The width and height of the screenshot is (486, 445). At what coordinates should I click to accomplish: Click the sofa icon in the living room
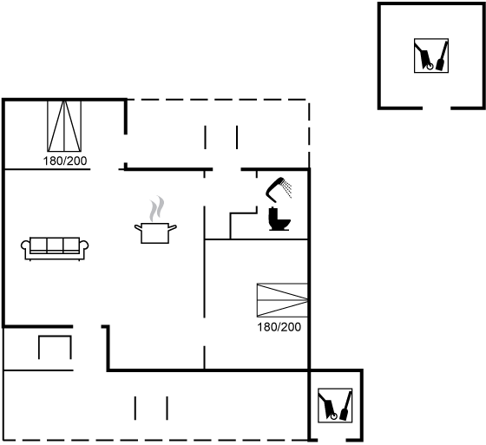[55, 249]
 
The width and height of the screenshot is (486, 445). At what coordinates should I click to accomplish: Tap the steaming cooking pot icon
[155, 220]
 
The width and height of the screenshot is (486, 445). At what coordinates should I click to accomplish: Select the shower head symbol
[279, 189]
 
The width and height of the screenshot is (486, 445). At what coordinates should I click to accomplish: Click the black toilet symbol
[279, 219]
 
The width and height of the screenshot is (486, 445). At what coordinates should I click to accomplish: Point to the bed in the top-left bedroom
[64, 126]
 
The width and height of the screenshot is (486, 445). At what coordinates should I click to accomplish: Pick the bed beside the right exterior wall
[282, 300]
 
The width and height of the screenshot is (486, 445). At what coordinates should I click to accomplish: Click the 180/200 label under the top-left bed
[65, 161]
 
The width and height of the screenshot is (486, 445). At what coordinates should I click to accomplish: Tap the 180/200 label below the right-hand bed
[279, 327]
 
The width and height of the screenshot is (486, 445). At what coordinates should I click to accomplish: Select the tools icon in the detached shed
[431, 56]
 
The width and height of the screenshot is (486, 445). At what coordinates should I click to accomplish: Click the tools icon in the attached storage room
[335, 405]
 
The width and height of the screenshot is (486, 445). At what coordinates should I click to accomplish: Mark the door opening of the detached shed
[437, 108]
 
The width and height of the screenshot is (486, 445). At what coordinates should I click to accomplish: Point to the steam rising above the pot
[156, 208]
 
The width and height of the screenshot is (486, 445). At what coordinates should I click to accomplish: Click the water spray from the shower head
[288, 189]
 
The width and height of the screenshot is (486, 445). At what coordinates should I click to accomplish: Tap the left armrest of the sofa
[25, 246]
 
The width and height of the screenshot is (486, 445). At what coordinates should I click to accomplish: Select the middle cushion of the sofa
[55, 245]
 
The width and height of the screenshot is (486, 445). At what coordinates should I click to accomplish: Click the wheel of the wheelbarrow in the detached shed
[430, 66]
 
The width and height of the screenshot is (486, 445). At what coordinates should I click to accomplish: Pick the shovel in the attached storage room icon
[346, 406]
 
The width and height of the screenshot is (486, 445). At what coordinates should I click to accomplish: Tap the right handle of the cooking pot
[173, 228]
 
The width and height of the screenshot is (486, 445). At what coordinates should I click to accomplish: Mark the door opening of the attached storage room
[332, 440]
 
